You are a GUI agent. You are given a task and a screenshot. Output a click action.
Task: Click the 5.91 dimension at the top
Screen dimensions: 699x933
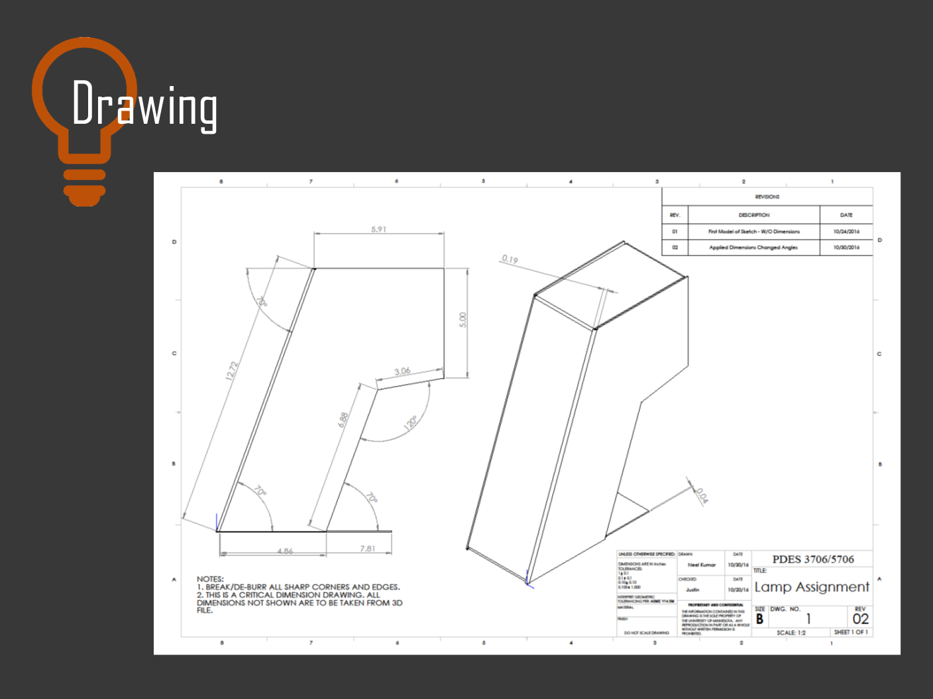[378, 229]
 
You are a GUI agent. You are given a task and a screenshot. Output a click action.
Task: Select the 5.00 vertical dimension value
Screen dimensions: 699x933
[463, 320]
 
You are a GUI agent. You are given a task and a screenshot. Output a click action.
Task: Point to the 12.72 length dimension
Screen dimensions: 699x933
[231, 371]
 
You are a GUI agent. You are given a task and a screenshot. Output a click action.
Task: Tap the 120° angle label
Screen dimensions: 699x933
[411, 423]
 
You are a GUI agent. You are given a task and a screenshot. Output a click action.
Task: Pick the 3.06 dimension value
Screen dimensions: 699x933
[402, 371]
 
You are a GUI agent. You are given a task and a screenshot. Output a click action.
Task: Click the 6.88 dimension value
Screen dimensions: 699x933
[343, 420]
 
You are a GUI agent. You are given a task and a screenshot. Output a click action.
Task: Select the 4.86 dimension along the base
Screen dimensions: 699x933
[285, 551]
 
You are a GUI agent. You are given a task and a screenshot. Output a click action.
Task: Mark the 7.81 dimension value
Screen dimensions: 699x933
[367, 549]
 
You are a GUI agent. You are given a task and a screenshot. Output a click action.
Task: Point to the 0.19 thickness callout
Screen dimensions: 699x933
[510, 259]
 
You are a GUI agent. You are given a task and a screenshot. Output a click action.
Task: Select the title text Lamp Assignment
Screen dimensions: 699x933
[812, 587]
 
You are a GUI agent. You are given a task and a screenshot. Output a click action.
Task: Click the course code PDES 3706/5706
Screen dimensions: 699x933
[813, 559]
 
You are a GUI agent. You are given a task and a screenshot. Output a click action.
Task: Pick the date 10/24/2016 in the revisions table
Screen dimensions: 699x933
[846, 232]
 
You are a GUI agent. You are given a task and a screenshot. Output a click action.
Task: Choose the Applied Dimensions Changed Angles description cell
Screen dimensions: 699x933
[753, 248]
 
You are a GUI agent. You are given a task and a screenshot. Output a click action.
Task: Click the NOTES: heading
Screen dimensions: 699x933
[210, 579]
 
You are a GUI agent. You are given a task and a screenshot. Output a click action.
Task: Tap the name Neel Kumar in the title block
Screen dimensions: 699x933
[701, 565]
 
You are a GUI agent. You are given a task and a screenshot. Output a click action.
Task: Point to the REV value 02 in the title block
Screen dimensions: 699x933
[860, 619]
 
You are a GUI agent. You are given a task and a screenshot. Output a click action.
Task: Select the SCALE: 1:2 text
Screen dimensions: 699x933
[791, 633]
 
